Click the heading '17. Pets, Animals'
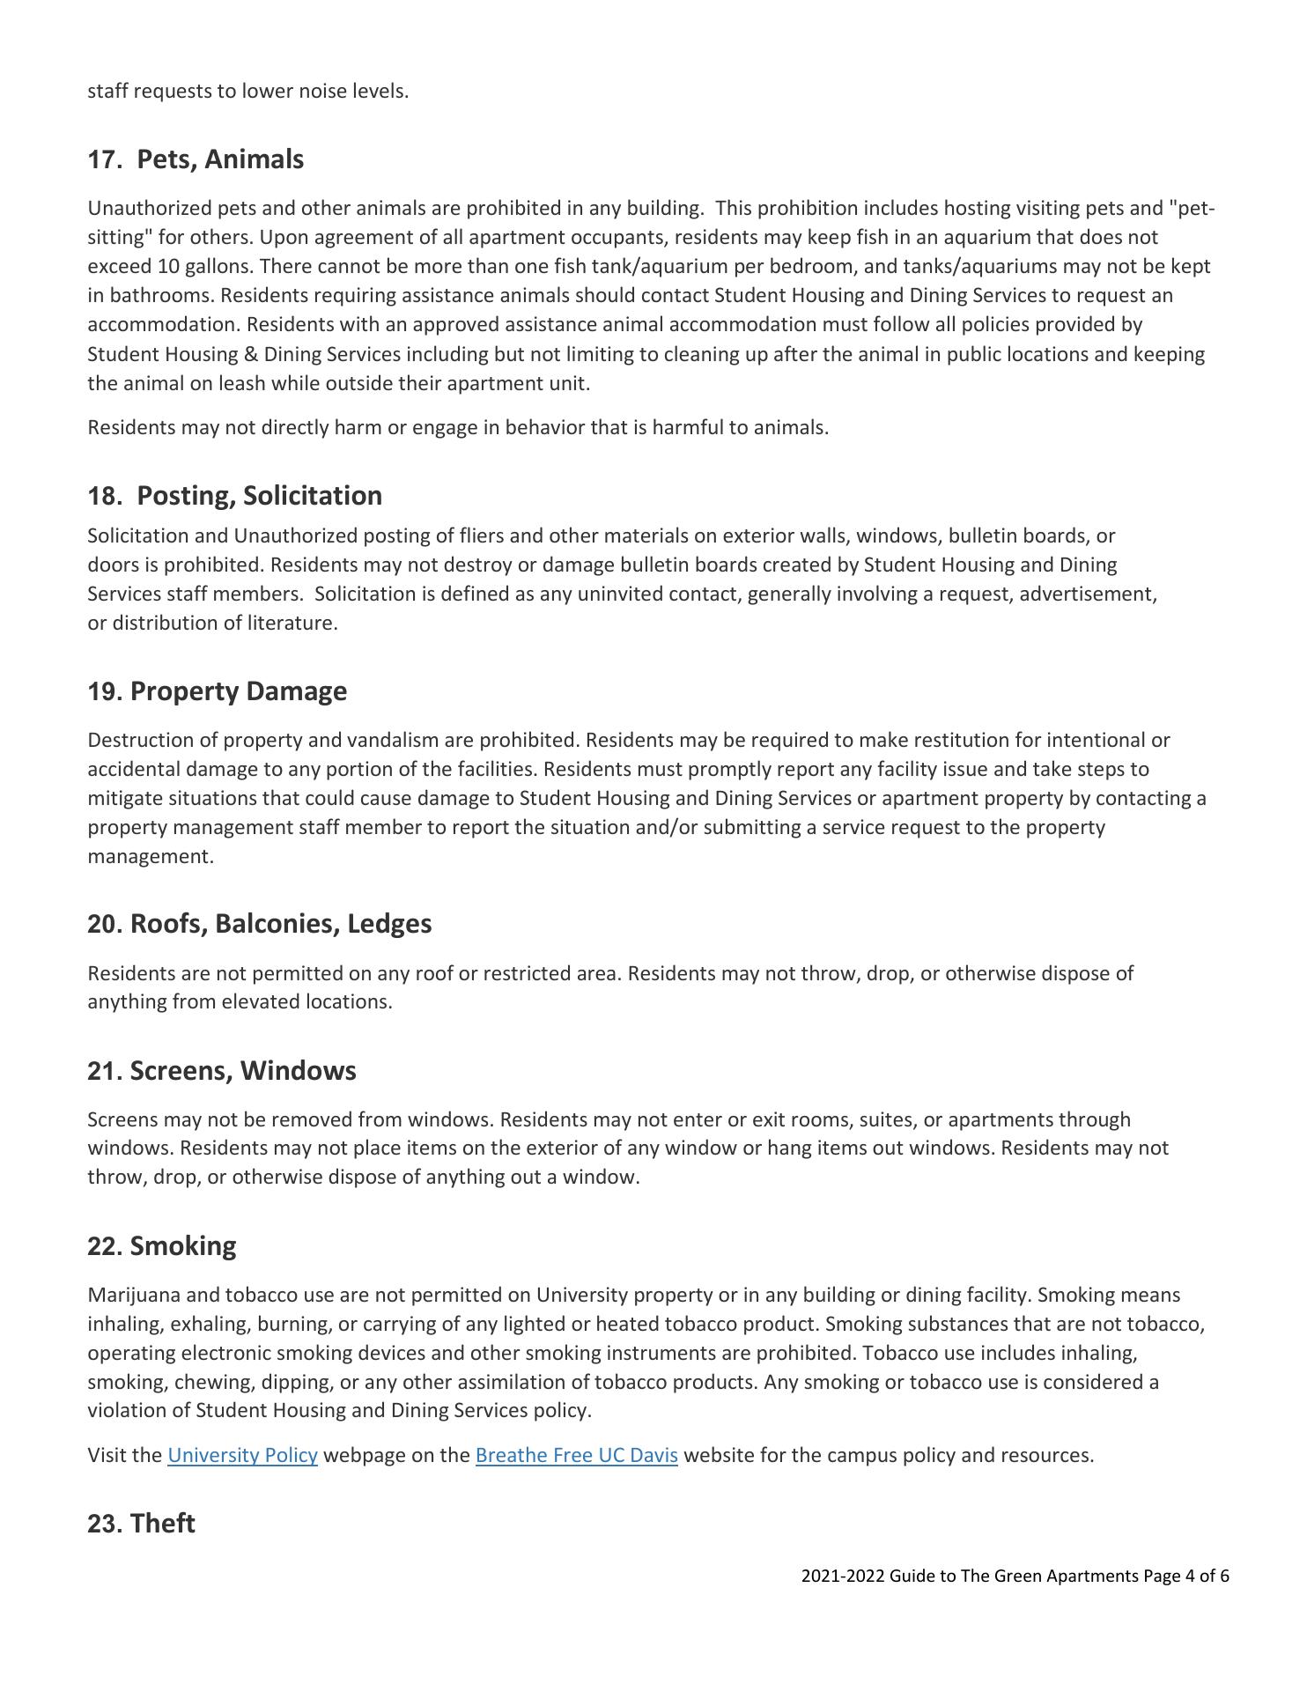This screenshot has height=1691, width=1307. (x=196, y=159)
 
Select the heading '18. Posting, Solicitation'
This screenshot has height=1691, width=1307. (x=234, y=496)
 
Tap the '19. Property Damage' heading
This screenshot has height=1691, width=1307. (x=217, y=691)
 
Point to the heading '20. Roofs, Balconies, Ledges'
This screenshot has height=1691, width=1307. (x=259, y=924)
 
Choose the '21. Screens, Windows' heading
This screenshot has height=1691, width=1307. (x=221, y=1071)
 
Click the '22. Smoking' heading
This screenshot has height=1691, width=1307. (x=161, y=1246)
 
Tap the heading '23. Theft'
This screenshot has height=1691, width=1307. (x=141, y=1524)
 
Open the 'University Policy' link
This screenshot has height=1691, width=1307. (x=242, y=1455)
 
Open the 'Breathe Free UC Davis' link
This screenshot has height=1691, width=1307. (x=576, y=1455)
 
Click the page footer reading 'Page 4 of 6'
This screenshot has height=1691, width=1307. (x=1185, y=1577)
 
